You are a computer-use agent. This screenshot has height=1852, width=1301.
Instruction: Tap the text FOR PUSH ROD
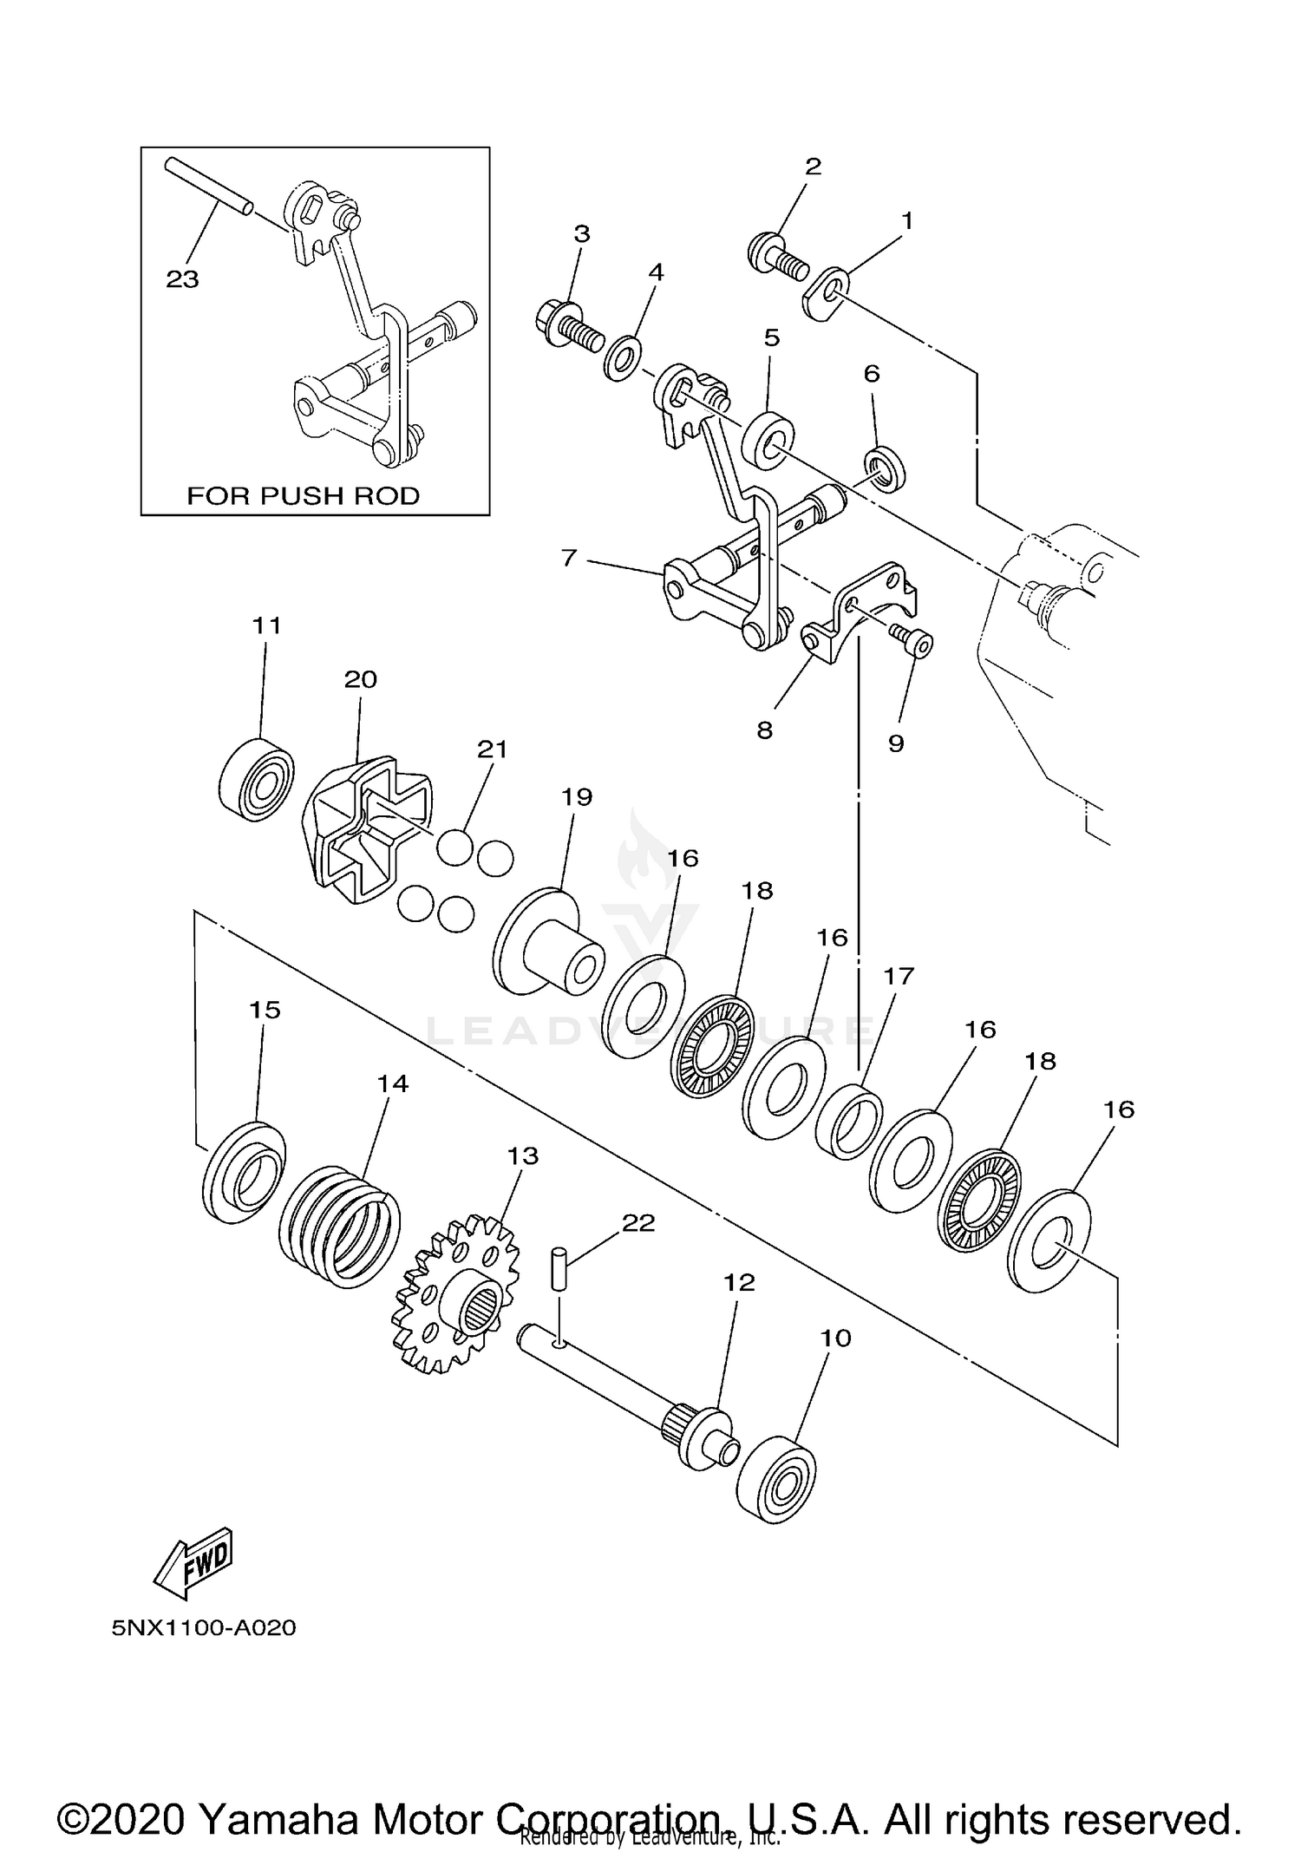click(304, 496)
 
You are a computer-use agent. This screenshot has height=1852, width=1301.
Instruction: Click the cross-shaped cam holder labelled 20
click(369, 830)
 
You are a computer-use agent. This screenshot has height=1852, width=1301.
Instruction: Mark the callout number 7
click(569, 558)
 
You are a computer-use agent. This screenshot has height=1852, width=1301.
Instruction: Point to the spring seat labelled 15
click(244, 1172)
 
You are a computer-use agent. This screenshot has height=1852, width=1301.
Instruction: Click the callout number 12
click(739, 1282)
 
